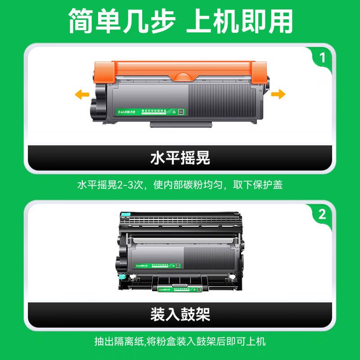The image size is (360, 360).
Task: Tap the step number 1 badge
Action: click(x=322, y=58)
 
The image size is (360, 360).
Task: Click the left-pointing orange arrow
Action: click(x=81, y=94)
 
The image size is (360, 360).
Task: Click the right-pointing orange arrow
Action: click(x=278, y=94)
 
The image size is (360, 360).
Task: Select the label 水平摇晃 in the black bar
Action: click(x=180, y=158)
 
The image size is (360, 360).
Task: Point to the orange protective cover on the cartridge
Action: click(x=180, y=70)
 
